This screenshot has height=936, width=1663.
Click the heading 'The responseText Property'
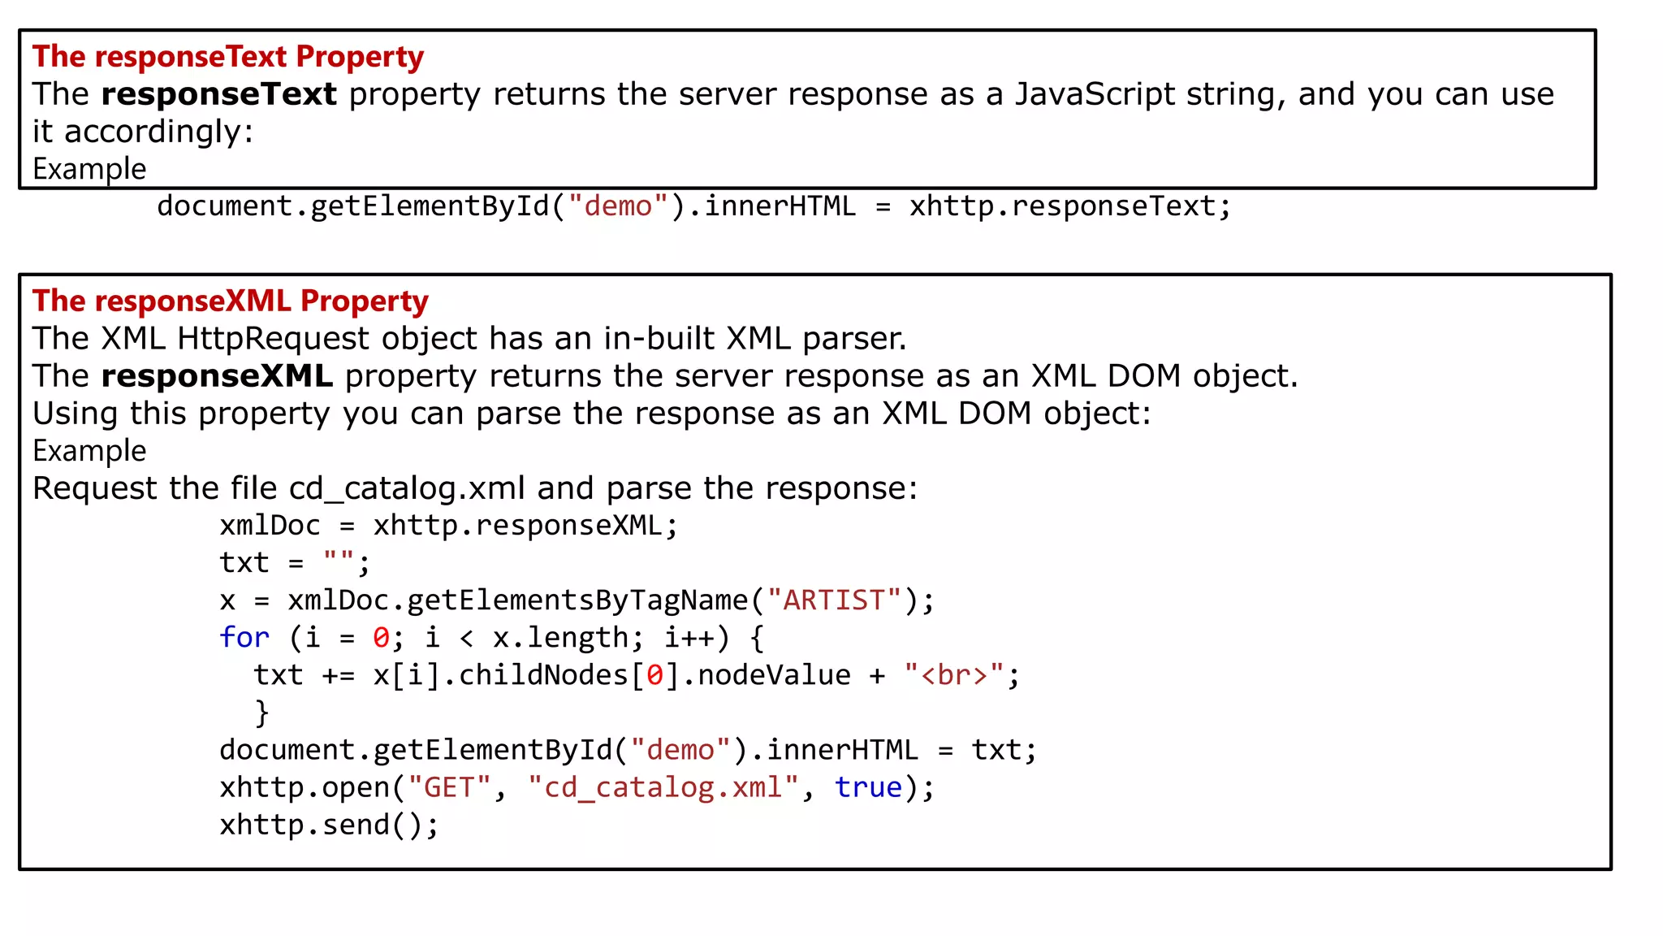coord(228,57)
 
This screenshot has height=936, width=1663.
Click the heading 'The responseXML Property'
coord(231,301)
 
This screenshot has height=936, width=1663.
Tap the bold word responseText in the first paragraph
coord(218,94)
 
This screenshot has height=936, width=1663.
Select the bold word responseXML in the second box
coord(217,376)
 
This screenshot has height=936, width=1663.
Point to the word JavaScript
coord(1095,94)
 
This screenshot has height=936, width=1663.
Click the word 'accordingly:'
coord(159,132)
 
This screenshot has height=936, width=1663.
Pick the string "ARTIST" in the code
coord(834,600)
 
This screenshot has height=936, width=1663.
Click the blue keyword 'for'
coord(244,638)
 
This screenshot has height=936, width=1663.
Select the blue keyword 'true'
coord(868,787)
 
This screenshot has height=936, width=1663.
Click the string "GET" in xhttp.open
coord(449,787)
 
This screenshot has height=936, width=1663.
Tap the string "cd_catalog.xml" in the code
coord(663,787)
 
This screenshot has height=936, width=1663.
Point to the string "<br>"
coord(954,675)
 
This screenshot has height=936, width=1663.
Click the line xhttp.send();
coord(329,825)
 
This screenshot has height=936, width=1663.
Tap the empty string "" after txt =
coord(339,562)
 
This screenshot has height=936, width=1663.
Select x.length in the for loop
coord(560,638)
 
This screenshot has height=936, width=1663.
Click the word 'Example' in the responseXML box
coord(89,451)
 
